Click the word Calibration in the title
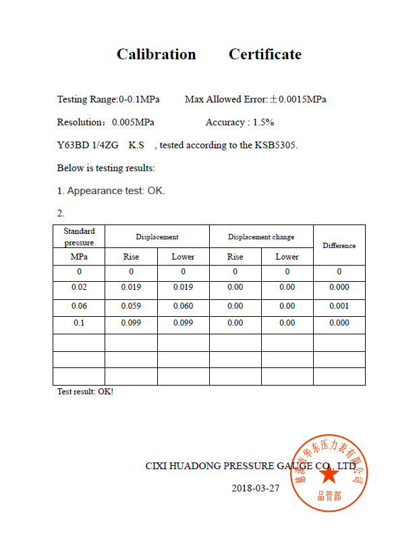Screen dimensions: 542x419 click(x=156, y=55)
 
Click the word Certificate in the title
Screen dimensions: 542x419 click(x=265, y=55)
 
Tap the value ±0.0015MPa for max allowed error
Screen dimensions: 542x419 click(x=298, y=100)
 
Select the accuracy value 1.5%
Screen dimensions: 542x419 click(x=263, y=123)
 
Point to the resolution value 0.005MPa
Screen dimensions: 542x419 click(x=133, y=123)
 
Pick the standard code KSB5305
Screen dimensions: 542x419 click(x=275, y=146)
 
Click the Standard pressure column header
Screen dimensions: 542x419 click(x=79, y=237)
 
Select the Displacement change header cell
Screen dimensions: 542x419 click(x=261, y=237)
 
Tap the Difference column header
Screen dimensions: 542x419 click(x=339, y=245)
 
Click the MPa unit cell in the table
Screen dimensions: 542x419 click(x=79, y=257)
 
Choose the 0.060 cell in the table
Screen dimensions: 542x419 click(x=183, y=306)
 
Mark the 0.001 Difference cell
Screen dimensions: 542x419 click(x=339, y=306)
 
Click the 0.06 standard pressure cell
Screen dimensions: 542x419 click(x=79, y=306)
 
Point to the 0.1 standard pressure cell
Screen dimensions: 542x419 click(x=79, y=323)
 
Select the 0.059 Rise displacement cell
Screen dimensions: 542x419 click(x=131, y=306)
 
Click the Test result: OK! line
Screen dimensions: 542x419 click(x=85, y=392)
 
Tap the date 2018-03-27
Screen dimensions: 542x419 click(x=255, y=488)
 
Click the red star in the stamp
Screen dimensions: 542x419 click(x=329, y=474)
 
